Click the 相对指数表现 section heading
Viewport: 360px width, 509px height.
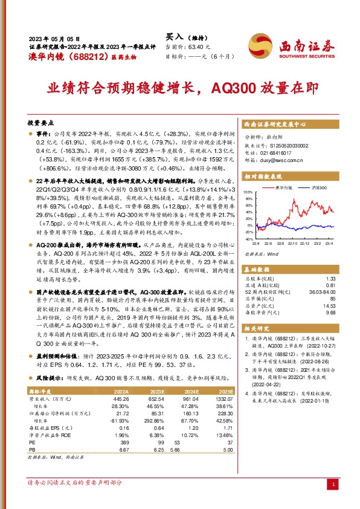pyautogui.click(x=263, y=177)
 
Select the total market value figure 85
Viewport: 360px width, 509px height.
pyautogui.click(x=332, y=298)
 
